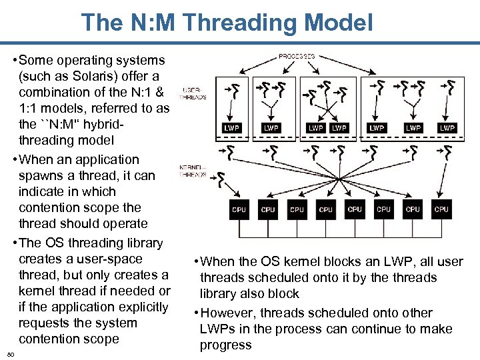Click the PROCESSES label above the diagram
click(297, 57)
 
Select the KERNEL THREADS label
click(193, 171)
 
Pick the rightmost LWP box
click(447, 127)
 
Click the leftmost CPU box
click(239, 209)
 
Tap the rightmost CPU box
click(441, 209)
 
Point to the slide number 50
click(11, 353)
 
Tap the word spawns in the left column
click(41, 175)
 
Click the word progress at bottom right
click(225, 345)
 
